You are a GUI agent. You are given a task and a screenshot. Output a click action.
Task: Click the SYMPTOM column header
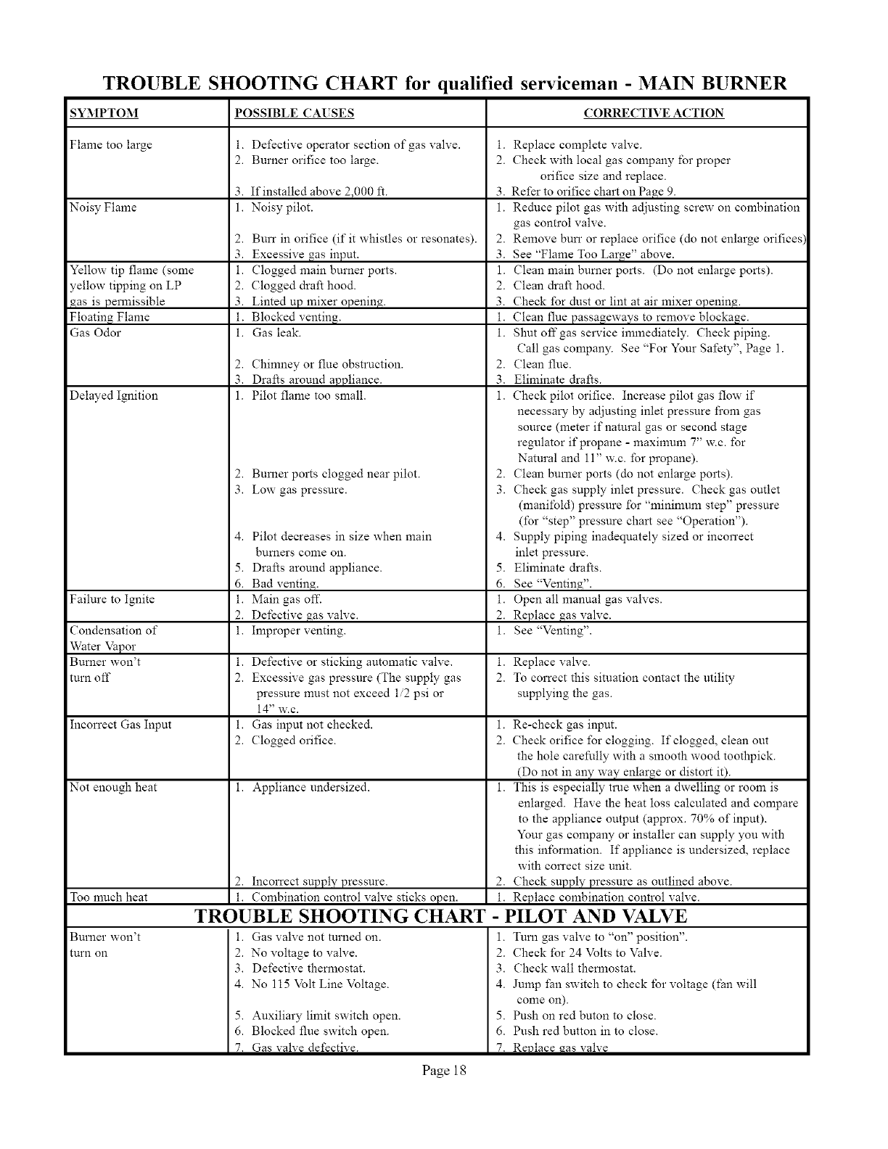(104, 113)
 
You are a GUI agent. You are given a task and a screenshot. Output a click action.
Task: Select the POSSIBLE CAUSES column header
(295, 113)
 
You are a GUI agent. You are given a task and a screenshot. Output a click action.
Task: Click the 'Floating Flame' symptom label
(110, 317)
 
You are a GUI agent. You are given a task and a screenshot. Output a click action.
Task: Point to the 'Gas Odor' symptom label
(95, 333)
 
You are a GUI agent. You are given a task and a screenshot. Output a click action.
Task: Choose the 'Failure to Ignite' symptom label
(112, 600)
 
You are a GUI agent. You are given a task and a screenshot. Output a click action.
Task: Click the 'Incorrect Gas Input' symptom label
(120, 725)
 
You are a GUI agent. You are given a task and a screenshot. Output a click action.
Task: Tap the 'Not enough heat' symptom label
(113, 788)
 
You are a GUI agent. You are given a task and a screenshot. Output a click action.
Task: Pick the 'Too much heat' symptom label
(109, 897)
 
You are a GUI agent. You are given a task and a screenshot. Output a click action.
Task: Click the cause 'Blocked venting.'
(296, 317)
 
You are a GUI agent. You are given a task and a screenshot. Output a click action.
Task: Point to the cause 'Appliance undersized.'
(311, 788)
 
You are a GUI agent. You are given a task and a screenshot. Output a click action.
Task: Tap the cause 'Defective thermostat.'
(308, 968)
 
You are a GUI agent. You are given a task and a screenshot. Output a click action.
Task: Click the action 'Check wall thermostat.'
(575, 968)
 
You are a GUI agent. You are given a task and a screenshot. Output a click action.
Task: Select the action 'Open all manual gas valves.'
(588, 600)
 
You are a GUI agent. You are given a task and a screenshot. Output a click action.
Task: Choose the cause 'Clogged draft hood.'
(303, 286)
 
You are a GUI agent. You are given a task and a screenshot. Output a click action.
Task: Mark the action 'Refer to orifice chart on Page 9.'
(593, 192)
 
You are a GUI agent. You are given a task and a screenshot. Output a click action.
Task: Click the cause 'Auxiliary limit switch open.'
(326, 1016)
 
